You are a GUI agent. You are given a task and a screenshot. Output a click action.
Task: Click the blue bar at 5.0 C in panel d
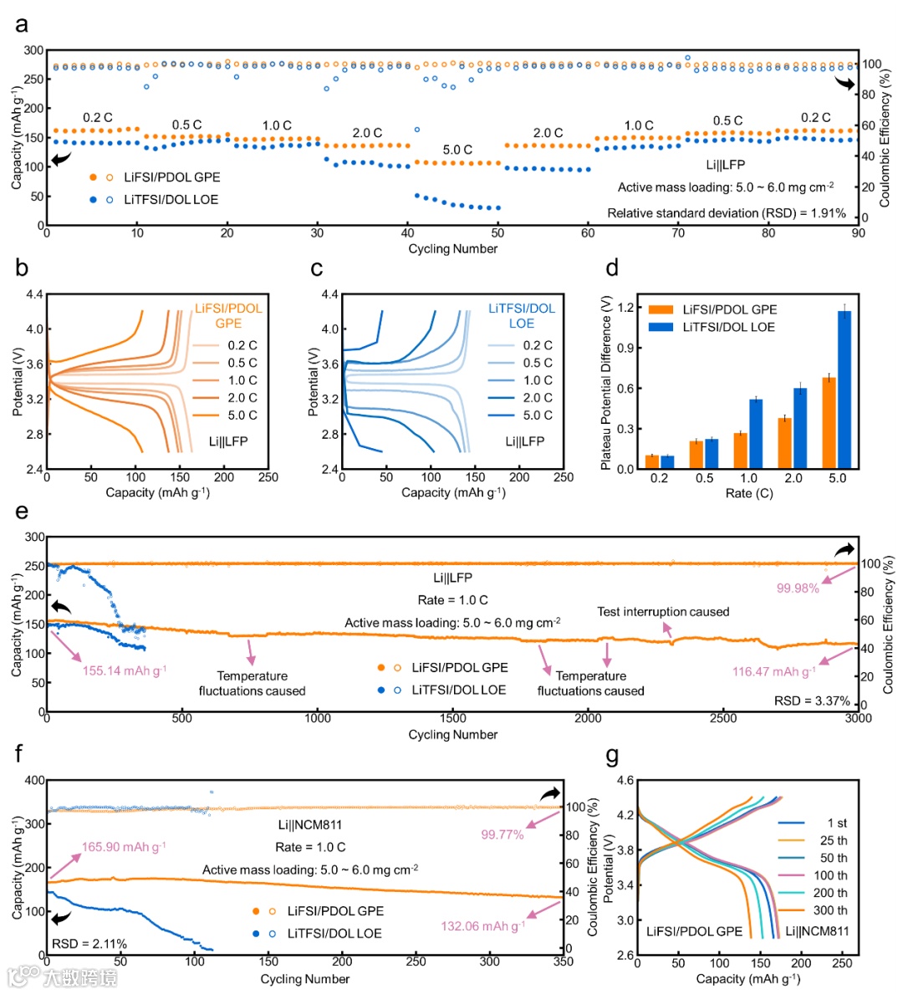tap(844, 390)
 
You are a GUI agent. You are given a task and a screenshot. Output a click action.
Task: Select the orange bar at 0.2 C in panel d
tap(652, 462)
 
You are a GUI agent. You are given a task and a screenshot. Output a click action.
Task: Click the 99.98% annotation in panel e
tap(798, 588)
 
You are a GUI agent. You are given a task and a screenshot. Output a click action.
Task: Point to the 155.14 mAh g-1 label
tap(125, 670)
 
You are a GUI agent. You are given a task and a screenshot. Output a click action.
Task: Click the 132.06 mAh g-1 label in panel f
tap(483, 925)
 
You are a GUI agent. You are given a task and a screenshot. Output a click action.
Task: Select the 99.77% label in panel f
tap(503, 834)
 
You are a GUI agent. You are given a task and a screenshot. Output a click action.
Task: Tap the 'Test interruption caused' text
tap(663, 611)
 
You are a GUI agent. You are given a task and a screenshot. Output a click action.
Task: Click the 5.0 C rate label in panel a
tap(457, 150)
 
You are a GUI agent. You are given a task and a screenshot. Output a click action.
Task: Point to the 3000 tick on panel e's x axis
tap(859, 717)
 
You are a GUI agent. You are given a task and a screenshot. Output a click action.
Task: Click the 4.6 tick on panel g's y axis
tap(625, 781)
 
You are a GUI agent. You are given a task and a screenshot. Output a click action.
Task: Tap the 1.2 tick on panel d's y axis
tap(625, 307)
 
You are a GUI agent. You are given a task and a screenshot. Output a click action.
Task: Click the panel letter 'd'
tap(612, 268)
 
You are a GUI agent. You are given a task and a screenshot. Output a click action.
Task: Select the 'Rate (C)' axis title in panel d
tap(749, 493)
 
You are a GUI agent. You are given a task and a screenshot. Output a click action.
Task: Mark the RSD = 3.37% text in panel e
tap(812, 701)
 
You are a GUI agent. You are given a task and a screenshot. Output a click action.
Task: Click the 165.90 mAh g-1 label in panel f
tap(124, 847)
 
